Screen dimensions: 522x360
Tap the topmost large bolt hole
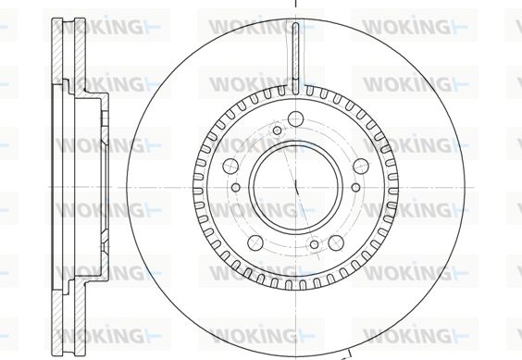tap(296, 118)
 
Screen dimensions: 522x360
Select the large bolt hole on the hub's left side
tap(230, 166)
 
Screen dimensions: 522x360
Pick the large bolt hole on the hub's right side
tap(361, 166)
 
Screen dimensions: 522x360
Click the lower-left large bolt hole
tap(255, 242)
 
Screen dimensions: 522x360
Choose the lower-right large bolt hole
tap(336, 242)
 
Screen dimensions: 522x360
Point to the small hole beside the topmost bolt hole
tap(278, 130)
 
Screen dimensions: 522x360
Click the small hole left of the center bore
tap(236, 187)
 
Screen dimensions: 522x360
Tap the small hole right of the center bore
tap(356, 187)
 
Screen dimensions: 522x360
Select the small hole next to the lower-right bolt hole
tap(315, 244)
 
